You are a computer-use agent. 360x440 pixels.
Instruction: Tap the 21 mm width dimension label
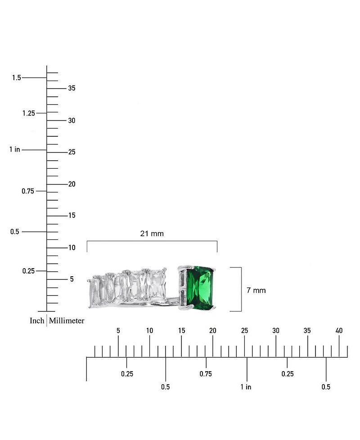pos(152,233)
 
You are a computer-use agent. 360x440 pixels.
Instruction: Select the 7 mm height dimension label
pos(256,291)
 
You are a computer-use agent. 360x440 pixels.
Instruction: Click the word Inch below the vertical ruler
pos(37,320)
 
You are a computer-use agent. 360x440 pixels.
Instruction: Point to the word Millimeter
pos(67,320)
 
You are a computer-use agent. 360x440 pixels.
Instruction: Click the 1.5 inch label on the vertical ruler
pos(17,77)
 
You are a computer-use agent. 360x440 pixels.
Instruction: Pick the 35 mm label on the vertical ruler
pos(72,88)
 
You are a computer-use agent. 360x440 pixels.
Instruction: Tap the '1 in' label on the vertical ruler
pos(14,149)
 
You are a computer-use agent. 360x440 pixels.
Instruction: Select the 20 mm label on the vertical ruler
pos(72,184)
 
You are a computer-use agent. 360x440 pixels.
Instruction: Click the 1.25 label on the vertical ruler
pos(29,113)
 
